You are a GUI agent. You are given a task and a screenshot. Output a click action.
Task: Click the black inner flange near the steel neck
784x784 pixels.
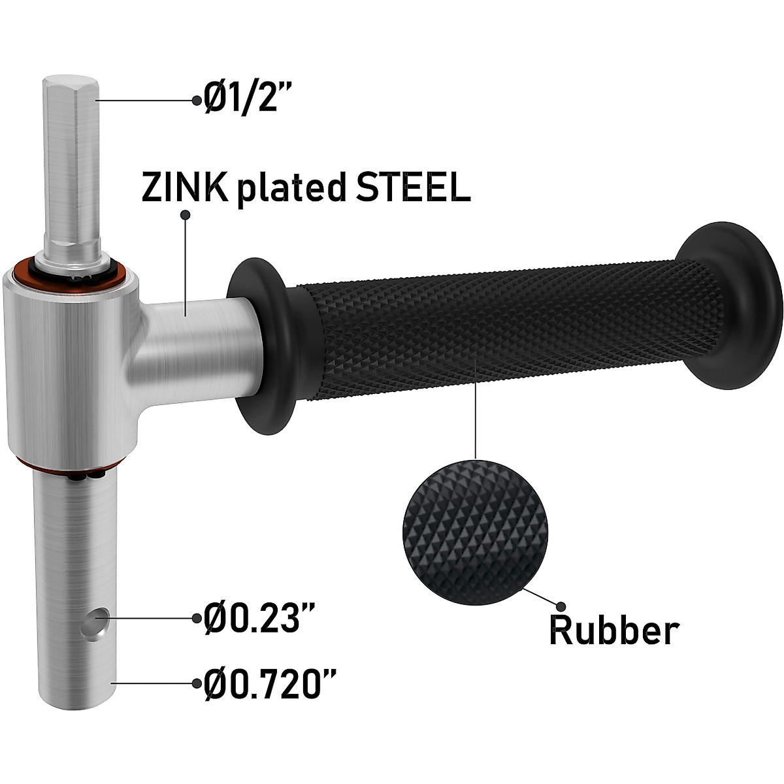[259, 344]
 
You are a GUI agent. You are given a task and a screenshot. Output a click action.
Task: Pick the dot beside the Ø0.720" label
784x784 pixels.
[196, 683]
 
